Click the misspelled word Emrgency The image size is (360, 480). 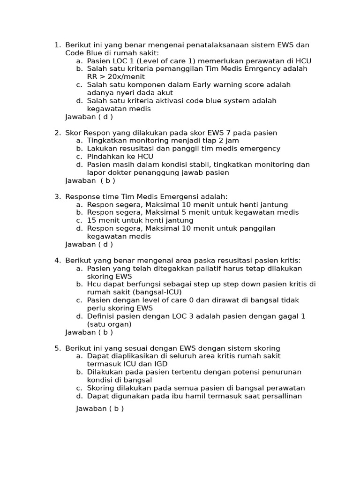(264, 69)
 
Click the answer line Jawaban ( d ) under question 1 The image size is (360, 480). (89, 117)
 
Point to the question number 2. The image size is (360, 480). (57, 133)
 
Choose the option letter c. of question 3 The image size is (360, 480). (79, 220)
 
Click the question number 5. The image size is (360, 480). (57, 348)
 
